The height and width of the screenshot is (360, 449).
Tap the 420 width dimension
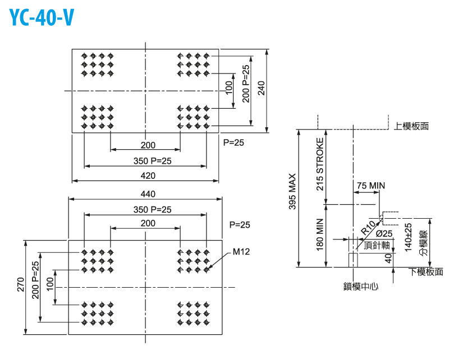coord(148,176)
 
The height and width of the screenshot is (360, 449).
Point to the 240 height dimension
coord(260,88)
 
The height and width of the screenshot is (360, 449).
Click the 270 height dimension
coord(20,287)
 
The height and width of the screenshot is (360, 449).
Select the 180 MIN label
coord(320,236)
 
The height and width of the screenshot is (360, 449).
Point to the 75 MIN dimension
coord(370,186)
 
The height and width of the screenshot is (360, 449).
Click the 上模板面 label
coord(411,126)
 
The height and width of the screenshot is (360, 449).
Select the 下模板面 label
coord(425,273)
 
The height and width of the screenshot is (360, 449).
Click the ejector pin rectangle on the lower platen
coord(353,260)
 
